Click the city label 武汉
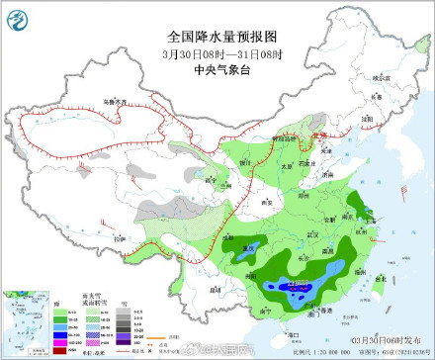tap(291, 233)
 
